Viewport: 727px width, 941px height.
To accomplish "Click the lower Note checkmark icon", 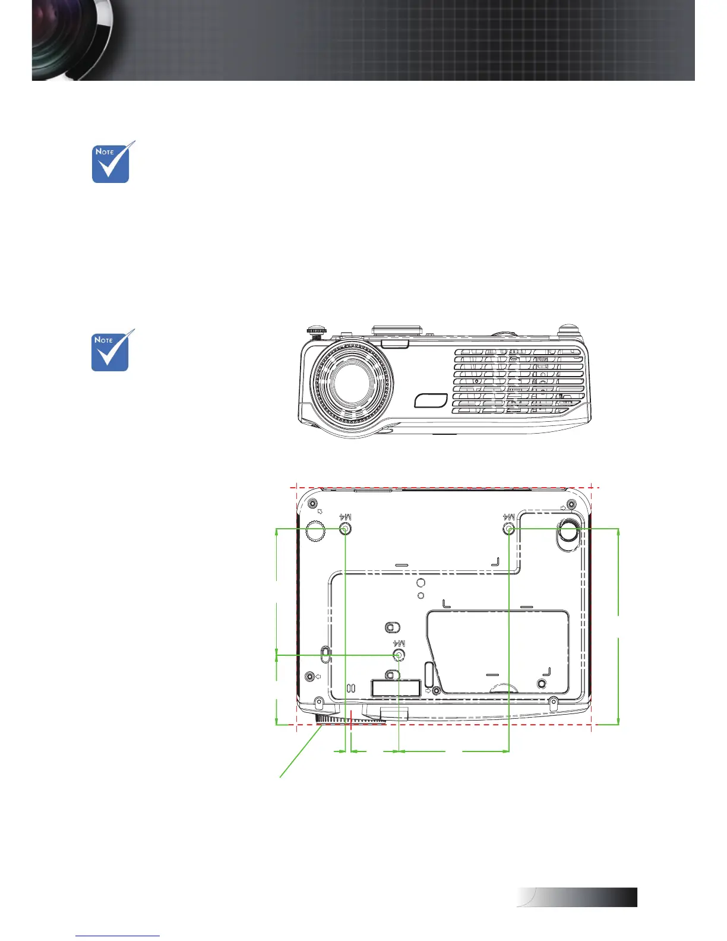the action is [x=112, y=350].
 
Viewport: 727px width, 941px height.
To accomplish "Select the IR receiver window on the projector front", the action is [x=431, y=400].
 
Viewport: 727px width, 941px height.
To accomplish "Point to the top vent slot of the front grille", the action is [x=518, y=352].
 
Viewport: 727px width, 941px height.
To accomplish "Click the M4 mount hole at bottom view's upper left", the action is [x=345, y=529].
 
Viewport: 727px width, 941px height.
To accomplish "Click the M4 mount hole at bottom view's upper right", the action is [x=509, y=529].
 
